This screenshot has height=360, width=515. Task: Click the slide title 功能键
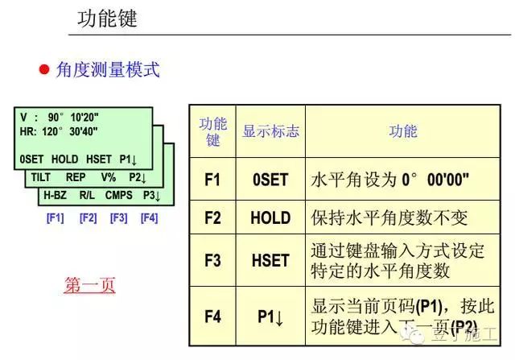pyautogui.click(x=107, y=19)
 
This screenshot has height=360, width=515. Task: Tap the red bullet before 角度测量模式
pyautogui.click(x=45, y=70)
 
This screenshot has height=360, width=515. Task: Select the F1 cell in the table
pyautogui.click(x=212, y=180)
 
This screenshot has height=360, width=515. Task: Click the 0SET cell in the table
pyautogui.click(x=270, y=180)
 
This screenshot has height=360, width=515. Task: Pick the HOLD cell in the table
pyautogui.click(x=270, y=217)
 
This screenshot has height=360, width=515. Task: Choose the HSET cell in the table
pyautogui.click(x=270, y=261)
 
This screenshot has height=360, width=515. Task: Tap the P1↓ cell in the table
pyautogui.click(x=270, y=317)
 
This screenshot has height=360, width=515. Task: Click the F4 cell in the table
pyautogui.click(x=212, y=317)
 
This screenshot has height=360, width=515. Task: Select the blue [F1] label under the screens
pyautogui.click(x=55, y=217)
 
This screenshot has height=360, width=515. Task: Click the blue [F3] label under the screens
pyautogui.click(x=118, y=217)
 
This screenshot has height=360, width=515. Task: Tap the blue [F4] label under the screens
pyautogui.click(x=149, y=217)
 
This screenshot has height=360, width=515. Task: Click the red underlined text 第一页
pyautogui.click(x=89, y=285)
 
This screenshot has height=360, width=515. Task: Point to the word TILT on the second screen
pyautogui.click(x=41, y=176)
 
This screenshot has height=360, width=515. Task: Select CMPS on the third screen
pyautogui.click(x=118, y=195)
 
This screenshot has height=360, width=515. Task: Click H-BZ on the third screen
pyautogui.click(x=56, y=195)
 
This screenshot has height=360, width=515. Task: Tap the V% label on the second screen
pyautogui.click(x=109, y=176)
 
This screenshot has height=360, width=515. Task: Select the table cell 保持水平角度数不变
pyautogui.click(x=389, y=217)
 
